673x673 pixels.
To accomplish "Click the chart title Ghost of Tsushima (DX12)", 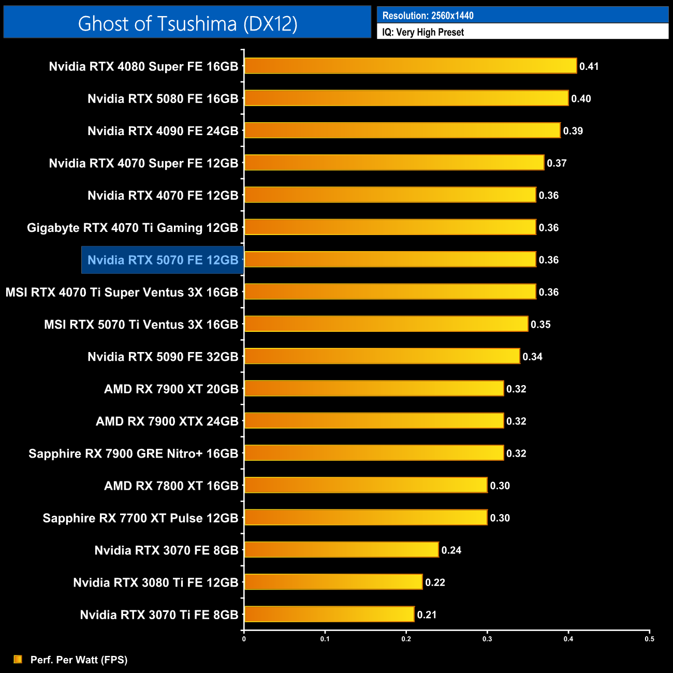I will [187, 24].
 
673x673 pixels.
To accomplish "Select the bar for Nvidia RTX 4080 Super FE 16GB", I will [410, 66].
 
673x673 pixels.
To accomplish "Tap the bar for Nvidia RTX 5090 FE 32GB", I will [382, 356].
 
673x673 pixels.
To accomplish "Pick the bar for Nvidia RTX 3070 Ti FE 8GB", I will [329, 614].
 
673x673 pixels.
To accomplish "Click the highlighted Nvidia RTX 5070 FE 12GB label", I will [163, 260].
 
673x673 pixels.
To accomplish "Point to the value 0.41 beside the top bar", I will [589, 66].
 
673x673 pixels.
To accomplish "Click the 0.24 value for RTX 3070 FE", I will [451, 550].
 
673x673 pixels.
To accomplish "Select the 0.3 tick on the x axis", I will [487, 639].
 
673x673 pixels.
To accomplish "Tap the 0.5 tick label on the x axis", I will [649, 639].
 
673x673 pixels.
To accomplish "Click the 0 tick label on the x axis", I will [244, 639].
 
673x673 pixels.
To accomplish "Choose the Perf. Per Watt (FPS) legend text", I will [79, 660].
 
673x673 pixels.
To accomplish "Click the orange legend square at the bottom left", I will [18, 659].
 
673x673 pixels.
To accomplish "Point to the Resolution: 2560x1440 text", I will [428, 16].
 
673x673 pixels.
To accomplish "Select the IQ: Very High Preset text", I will [423, 32].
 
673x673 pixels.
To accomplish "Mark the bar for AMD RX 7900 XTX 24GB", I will [373, 421].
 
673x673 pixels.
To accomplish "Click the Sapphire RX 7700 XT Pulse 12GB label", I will [140, 518].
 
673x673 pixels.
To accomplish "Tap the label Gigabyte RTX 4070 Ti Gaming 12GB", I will [133, 228].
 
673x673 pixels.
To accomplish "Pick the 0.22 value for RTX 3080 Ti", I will [435, 582].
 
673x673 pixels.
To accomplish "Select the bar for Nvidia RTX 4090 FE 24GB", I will [402, 130].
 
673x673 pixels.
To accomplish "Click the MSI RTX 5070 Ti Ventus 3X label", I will [141, 325].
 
